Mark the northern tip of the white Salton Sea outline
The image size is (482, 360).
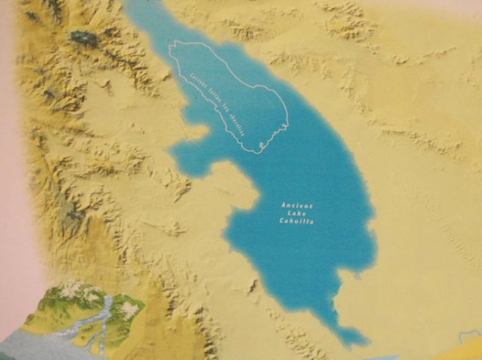coord(175,47)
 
